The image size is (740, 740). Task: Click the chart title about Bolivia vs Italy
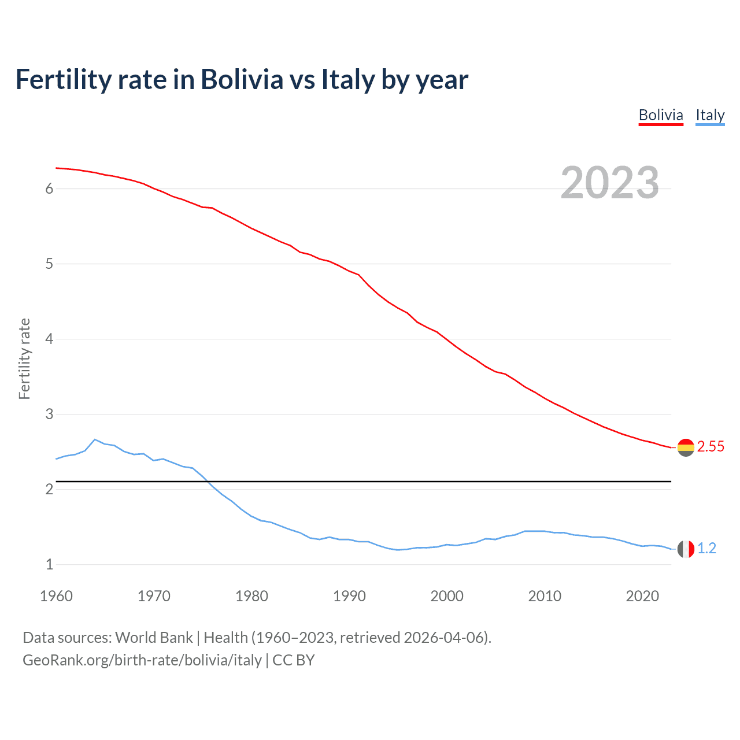[242, 79]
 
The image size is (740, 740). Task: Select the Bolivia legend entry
[661, 115]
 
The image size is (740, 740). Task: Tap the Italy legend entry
[710, 115]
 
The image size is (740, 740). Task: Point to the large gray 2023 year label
[610, 183]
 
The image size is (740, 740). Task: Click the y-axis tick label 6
[49, 188]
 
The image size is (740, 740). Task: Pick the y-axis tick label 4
[49, 339]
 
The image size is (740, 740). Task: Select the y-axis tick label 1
[49, 564]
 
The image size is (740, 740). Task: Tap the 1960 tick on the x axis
[56, 596]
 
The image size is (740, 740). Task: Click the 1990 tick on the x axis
[349, 596]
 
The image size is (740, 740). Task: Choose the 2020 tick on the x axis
[642, 596]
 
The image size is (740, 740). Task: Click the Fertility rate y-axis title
[24, 358]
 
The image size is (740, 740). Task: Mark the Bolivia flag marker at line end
[686, 447]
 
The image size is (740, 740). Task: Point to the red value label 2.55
[711, 446]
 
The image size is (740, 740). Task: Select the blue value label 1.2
[706, 548]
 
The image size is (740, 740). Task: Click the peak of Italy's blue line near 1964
[95, 439]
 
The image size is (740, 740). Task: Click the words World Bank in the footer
[154, 638]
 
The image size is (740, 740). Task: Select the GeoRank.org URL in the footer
[142, 660]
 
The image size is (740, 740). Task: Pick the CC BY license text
[293, 660]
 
